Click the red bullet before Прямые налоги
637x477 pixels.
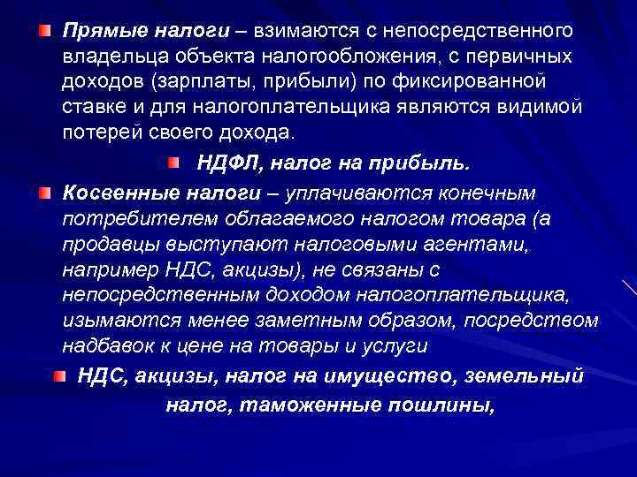click(44, 32)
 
